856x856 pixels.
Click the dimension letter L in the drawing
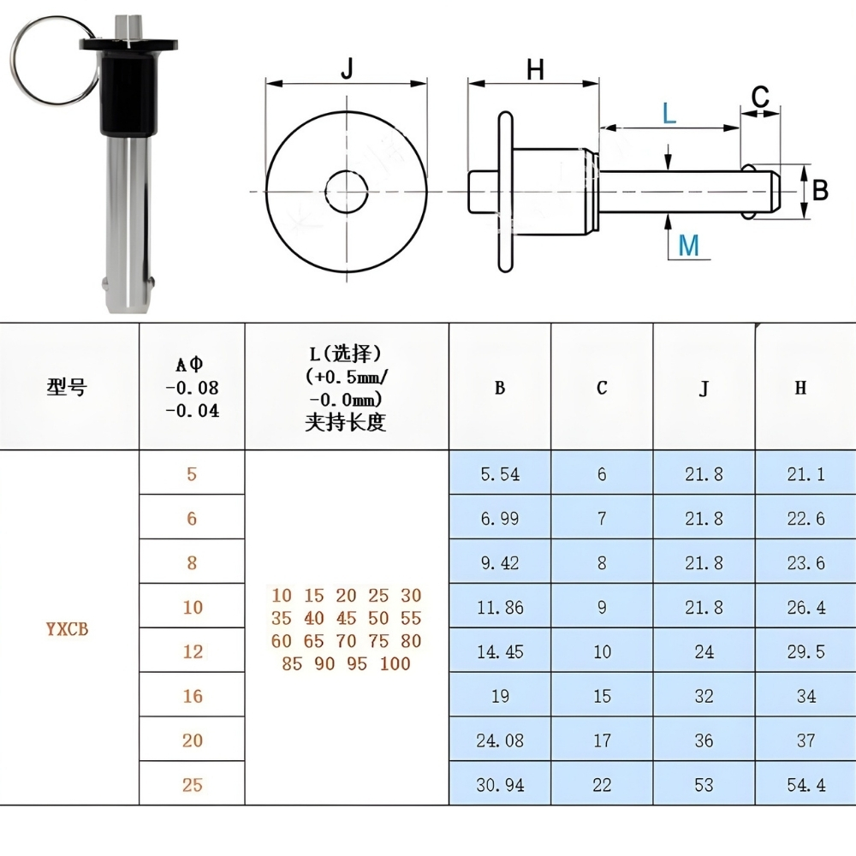click(x=669, y=112)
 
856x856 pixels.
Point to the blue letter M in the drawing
click(x=688, y=246)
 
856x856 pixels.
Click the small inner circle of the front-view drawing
click(x=346, y=190)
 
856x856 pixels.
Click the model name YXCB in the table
click(x=67, y=629)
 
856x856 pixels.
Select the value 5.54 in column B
click(x=499, y=473)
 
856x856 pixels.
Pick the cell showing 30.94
click(x=499, y=784)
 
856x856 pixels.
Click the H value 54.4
click(x=805, y=784)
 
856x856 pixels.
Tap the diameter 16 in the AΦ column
click(x=192, y=696)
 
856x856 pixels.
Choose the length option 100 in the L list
click(x=395, y=663)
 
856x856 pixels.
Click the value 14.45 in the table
click(x=499, y=651)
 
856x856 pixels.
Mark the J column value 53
click(x=704, y=784)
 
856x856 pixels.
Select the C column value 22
click(x=602, y=784)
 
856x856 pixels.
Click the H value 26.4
click(x=805, y=607)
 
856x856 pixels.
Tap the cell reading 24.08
click(x=499, y=740)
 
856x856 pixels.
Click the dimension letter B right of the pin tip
click(x=820, y=190)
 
